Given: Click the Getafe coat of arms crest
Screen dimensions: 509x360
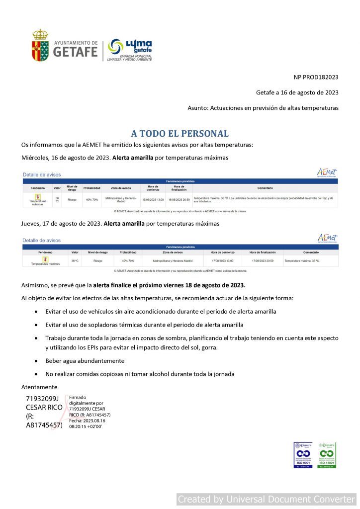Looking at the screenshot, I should [40, 45].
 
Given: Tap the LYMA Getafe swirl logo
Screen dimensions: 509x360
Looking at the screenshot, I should [116, 47].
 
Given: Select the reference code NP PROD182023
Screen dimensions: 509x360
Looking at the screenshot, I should [316, 77].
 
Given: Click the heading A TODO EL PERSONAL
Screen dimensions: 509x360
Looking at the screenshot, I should [180, 134].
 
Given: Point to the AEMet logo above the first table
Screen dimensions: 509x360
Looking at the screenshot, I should [327, 172].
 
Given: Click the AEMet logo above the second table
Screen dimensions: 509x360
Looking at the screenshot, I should [327, 238].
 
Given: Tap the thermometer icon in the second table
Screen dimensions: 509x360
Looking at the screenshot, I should [45, 258].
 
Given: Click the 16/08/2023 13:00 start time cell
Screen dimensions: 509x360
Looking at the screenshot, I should [153, 200].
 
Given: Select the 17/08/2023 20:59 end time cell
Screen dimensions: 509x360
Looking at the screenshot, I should [262, 260].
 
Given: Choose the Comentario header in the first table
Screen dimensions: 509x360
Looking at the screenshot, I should [265, 188].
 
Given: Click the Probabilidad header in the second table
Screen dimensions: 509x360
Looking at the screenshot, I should [128, 252].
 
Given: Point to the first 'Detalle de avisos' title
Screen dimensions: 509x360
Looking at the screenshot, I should [42, 175].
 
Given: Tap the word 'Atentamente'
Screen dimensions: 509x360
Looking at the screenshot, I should [39, 387].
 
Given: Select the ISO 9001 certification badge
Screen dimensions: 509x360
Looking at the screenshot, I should [303, 455].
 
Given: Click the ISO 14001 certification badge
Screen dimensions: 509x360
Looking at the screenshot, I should [327, 455].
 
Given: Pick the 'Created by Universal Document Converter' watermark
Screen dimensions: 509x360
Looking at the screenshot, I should [267, 499].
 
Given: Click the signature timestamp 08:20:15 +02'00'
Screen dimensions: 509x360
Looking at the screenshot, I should [86, 426].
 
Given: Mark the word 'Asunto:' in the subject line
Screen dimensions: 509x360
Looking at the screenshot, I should [198, 107].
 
